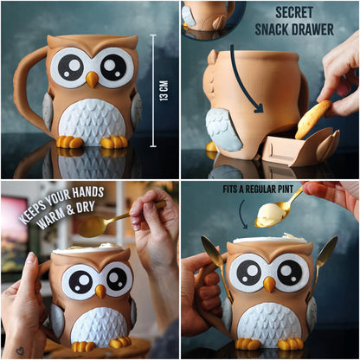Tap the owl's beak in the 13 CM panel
point(91,79)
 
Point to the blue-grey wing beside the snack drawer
point(223,128)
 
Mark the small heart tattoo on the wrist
point(18,351)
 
